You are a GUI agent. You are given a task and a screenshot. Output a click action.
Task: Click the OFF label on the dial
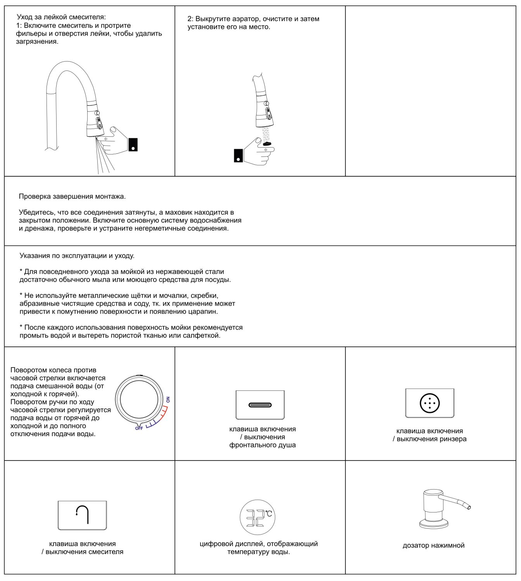139,428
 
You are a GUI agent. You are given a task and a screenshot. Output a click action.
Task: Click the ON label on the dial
168,400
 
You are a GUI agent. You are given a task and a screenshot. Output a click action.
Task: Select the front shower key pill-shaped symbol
260,405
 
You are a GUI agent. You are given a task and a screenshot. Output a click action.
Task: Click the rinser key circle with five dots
430,403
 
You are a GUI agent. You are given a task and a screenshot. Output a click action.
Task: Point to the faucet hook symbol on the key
82,515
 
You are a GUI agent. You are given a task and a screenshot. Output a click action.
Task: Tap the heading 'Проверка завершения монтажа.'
72,196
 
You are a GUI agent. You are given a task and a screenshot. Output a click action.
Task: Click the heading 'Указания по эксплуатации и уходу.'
77,256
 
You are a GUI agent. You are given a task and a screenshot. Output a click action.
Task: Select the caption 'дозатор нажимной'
433,545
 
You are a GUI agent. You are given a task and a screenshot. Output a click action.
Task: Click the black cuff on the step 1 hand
133,144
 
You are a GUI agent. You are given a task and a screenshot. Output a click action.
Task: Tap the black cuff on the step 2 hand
238,155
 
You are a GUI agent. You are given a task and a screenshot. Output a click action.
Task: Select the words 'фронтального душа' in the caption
262,445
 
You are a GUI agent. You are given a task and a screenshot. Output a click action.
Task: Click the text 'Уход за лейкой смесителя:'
61,17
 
